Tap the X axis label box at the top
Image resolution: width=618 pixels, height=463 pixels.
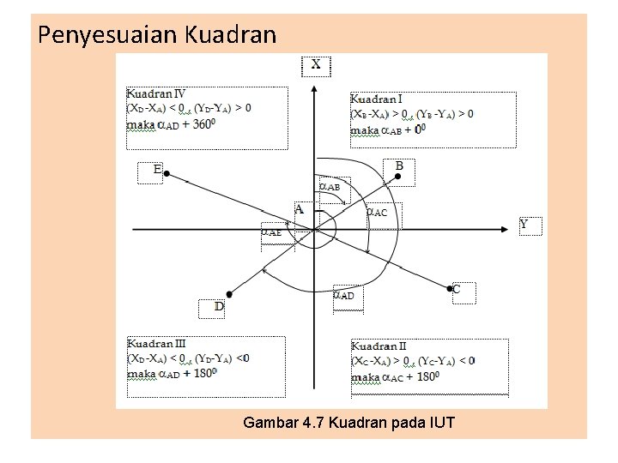coord(316,65)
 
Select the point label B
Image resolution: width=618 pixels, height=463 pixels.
coord(399,166)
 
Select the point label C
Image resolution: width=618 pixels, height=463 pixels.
coord(457,290)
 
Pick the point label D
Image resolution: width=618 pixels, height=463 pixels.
coord(220,306)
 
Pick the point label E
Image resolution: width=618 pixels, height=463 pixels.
coord(158,170)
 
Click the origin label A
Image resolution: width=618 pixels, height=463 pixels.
coord(300,208)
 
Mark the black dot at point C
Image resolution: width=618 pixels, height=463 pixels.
coord(451,289)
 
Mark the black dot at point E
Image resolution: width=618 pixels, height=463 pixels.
coord(167,174)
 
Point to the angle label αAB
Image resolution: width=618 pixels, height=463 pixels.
coord(330,186)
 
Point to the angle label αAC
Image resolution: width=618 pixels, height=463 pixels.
coord(378,212)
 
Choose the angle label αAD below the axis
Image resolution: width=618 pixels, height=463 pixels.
coord(343,295)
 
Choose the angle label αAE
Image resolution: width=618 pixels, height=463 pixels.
coord(272,231)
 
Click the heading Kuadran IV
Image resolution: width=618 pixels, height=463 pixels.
coord(156,93)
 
